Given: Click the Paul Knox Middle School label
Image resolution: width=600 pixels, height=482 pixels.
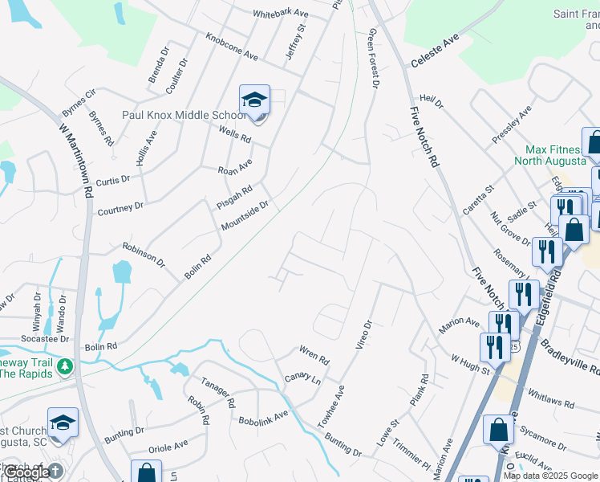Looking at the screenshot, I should click(184, 115).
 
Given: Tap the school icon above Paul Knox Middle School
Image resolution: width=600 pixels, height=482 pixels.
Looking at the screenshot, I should click(254, 100).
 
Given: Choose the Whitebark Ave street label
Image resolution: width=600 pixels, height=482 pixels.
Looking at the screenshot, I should click(281, 14).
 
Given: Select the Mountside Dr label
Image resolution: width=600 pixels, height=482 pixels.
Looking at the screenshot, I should click(245, 215).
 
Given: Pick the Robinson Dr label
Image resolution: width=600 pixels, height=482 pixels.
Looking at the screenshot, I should click(144, 255).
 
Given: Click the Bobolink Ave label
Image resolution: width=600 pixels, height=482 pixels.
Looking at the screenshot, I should click(263, 418).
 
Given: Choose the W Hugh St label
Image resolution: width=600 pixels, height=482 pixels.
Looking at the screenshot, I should click(469, 366).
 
